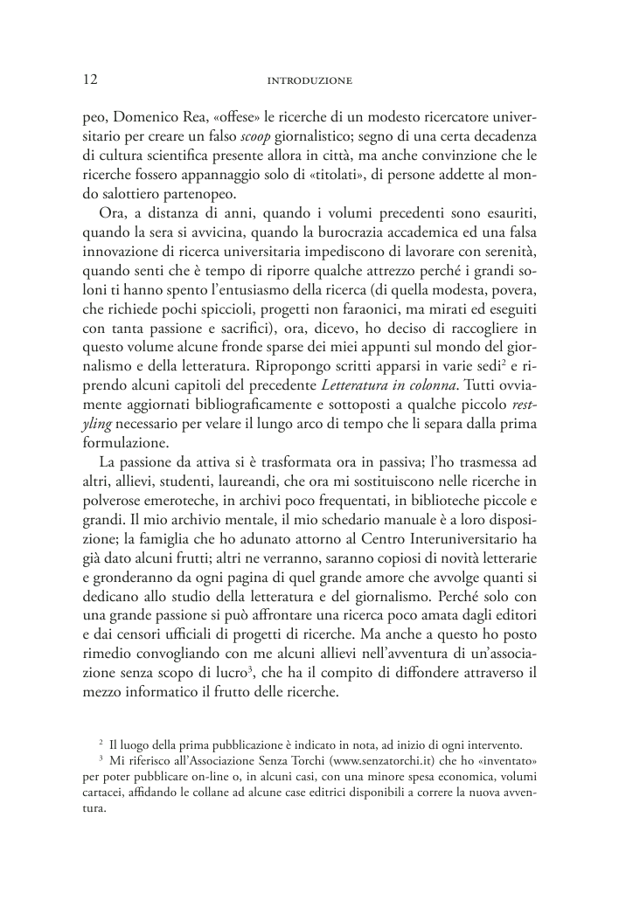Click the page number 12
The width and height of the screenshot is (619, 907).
[85, 80]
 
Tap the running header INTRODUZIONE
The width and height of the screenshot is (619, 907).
[309, 81]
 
